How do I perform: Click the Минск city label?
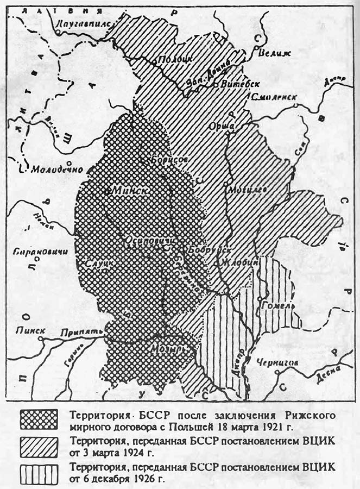(x=128, y=190)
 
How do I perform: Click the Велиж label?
(x=275, y=53)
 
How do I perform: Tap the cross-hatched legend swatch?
(x=39, y=420)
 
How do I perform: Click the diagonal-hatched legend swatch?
(x=39, y=447)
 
